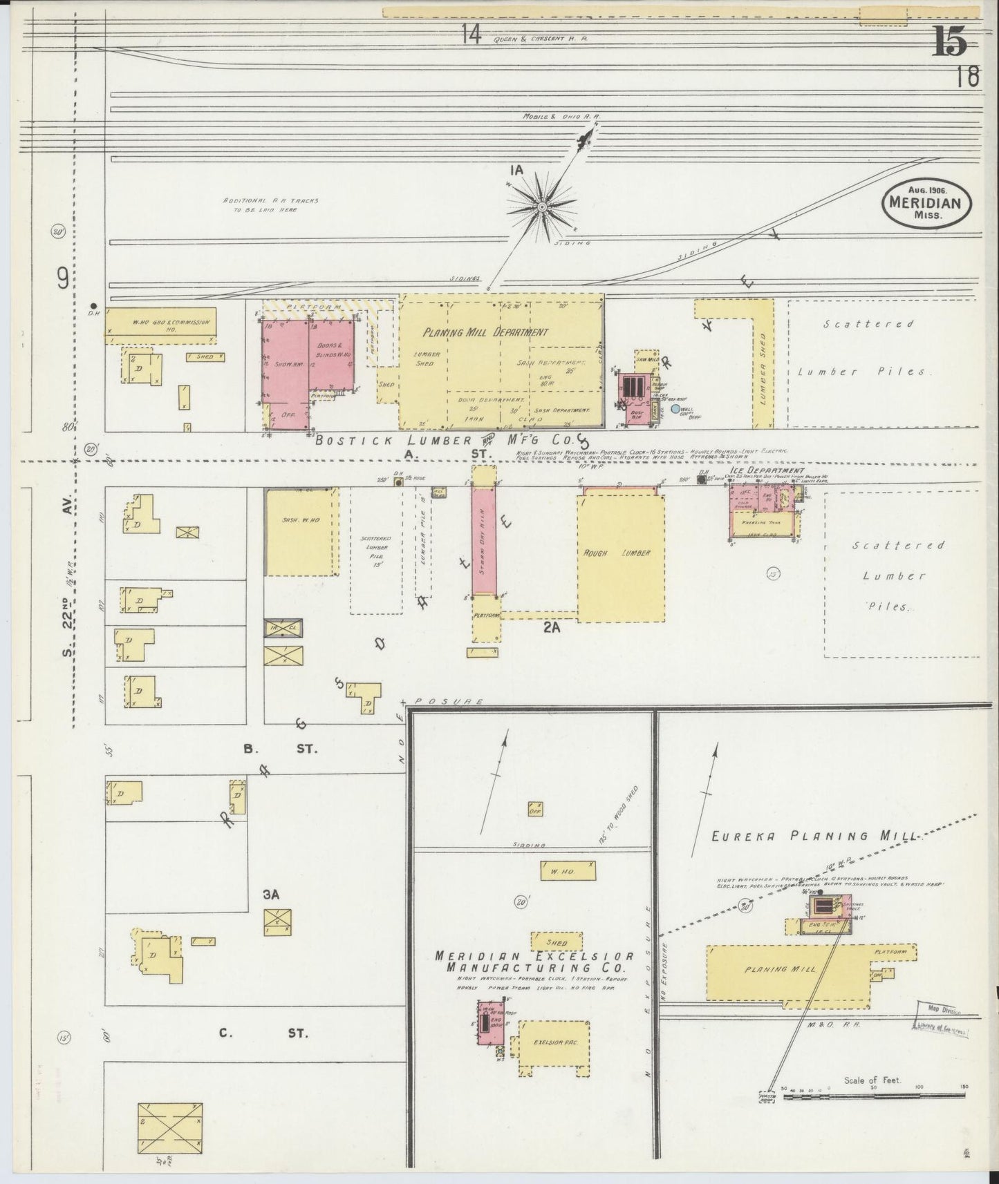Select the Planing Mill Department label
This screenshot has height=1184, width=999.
[x=486, y=332]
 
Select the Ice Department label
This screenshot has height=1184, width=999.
[x=756, y=470]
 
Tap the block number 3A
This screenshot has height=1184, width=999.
[x=270, y=895]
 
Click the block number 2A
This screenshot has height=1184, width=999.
[x=551, y=627]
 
